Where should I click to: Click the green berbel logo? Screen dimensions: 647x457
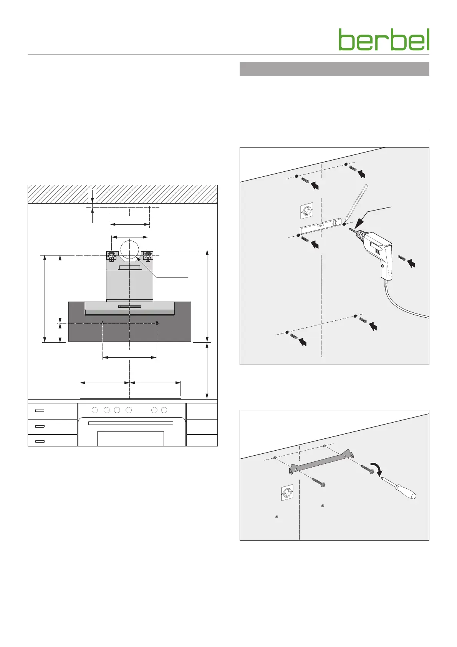pos(384,40)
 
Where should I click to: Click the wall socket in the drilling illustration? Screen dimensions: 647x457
pos(306,211)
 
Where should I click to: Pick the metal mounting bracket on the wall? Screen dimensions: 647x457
pos(321,461)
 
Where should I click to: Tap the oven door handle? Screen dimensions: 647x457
pos(131,423)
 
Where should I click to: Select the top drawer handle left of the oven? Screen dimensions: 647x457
pos(40,410)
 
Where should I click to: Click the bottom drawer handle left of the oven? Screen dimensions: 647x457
pos(40,441)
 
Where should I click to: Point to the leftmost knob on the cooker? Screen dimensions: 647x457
pos(95,410)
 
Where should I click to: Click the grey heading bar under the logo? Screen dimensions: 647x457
pos(334,69)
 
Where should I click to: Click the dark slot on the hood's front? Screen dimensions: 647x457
pos(130,307)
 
